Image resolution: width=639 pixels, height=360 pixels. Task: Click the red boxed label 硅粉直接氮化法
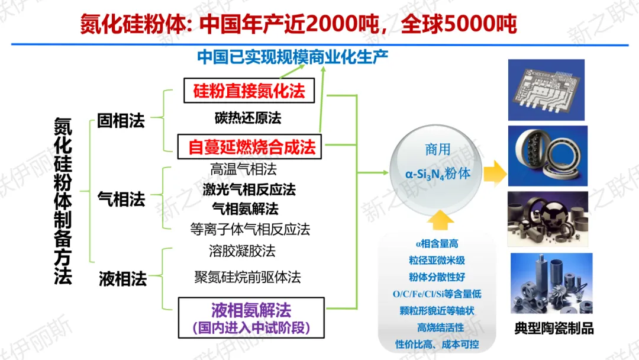click(248, 91)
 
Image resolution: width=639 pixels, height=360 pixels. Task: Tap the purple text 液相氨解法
click(251, 310)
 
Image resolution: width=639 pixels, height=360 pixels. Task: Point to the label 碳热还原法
click(248, 118)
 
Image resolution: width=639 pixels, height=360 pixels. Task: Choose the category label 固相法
click(121, 121)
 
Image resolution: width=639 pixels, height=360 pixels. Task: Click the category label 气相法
click(121, 200)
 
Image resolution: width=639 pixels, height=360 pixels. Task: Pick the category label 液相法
click(122, 279)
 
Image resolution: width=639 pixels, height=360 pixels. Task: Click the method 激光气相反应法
click(248, 189)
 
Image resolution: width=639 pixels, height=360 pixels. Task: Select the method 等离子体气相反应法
click(250, 229)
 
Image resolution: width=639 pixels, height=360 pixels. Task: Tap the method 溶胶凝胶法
click(242, 250)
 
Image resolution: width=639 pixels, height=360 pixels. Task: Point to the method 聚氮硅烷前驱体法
click(248, 277)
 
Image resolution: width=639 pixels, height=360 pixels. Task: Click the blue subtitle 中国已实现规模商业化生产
click(292, 57)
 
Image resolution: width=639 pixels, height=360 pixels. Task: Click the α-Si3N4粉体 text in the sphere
click(438, 174)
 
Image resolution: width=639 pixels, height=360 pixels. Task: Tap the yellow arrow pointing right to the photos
click(493, 174)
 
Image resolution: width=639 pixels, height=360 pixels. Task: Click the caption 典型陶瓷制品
click(554, 329)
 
